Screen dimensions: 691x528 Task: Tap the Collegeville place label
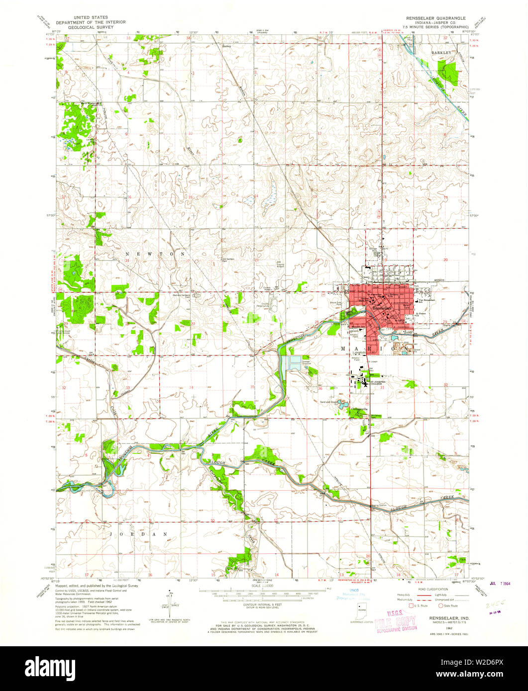[x=359, y=409]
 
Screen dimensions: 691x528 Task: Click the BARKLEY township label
[x=441, y=52]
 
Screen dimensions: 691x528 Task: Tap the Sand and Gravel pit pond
[x=342, y=404]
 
